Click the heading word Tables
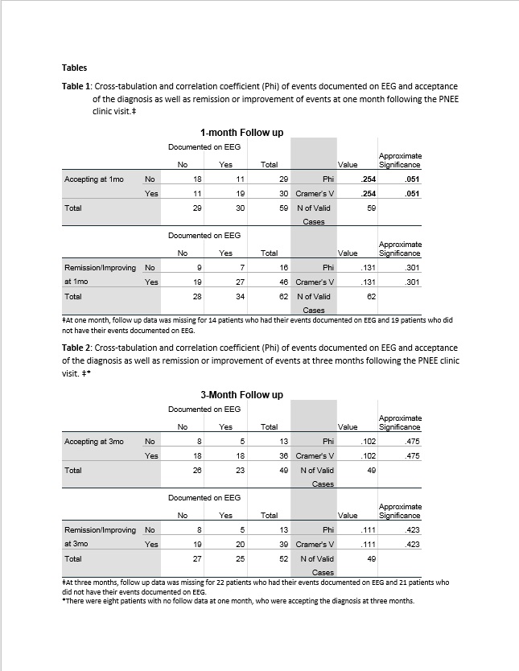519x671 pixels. [x=74, y=68]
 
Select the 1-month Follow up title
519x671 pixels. [x=241, y=132]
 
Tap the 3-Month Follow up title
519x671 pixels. [x=241, y=395]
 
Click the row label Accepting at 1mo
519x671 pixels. [x=93, y=179]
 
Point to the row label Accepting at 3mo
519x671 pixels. [x=93, y=441]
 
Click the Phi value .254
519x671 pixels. [x=369, y=179]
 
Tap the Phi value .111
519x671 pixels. [x=369, y=529]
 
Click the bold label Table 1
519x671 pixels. [x=77, y=86]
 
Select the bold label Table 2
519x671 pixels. [x=77, y=348]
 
